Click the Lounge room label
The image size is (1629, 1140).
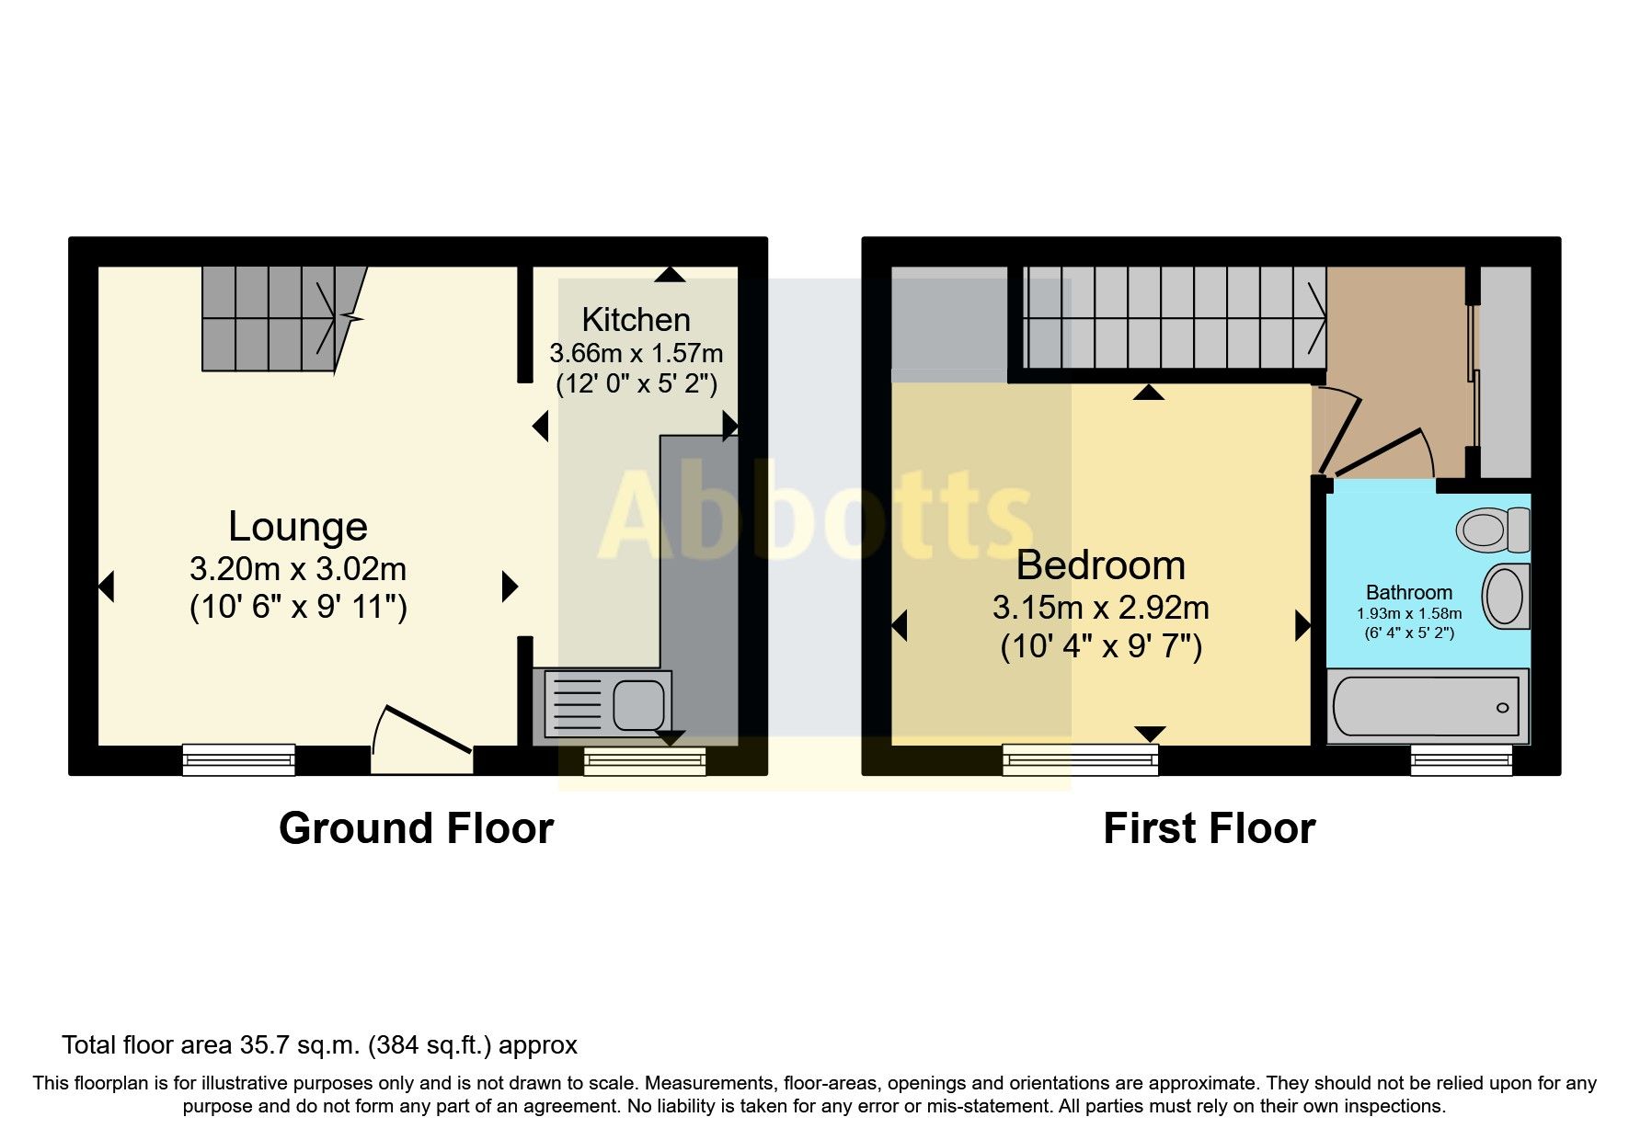point(297,526)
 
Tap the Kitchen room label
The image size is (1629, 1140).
point(636,319)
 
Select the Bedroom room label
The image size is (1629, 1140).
point(1100,564)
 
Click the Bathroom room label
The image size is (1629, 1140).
point(1408,592)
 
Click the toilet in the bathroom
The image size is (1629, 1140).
point(1491,529)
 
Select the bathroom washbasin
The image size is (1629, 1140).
point(1505,596)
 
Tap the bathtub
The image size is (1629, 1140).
point(1426,706)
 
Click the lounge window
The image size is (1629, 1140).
point(238,759)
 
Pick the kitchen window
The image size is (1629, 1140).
point(644,760)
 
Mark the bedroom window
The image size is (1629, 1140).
point(1080,759)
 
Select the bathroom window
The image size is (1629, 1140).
point(1461,759)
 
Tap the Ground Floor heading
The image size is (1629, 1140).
point(416,827)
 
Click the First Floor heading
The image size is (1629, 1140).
point(1209,827)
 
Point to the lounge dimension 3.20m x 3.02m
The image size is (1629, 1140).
point(297,569)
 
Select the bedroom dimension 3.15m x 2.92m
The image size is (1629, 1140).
point(1100,608)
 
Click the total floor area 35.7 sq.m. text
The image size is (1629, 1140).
point(319,1044)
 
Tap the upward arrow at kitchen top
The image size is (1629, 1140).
point(670,274)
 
